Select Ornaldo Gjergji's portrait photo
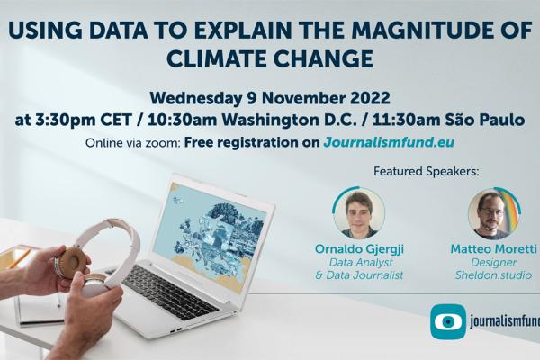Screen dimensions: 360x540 pos(359,213)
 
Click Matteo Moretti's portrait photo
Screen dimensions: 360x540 pos(490,213)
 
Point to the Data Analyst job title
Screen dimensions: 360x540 pos(359,261)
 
